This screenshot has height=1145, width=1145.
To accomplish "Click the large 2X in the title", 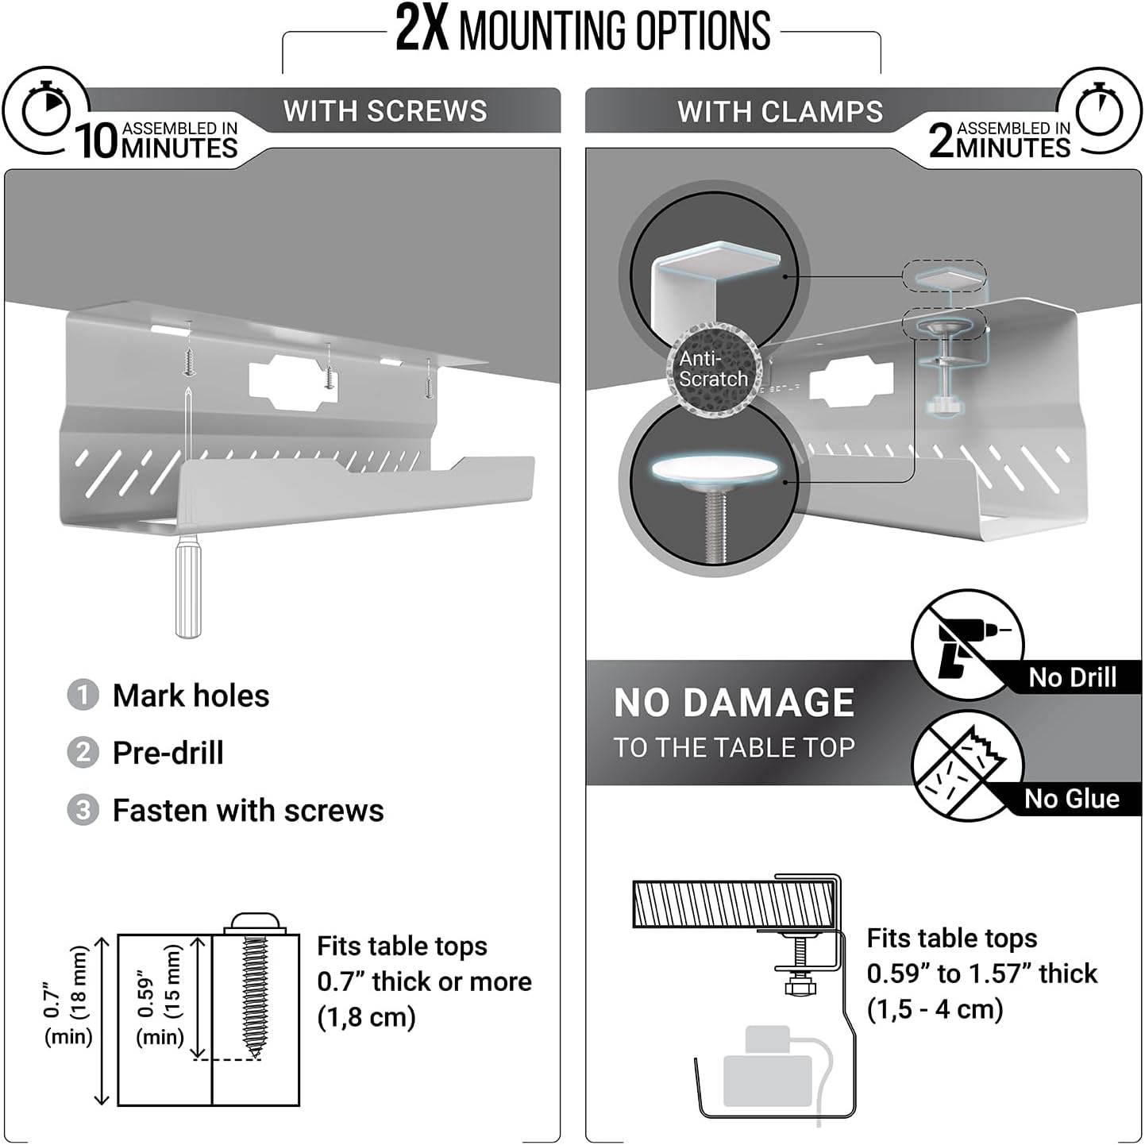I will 422,30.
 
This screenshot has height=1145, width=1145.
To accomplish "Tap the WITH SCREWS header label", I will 385,111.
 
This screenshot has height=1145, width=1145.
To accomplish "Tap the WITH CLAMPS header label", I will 780,112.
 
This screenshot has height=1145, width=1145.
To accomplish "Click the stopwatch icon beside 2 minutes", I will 1099,111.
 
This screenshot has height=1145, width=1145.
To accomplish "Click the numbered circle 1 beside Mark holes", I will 83,696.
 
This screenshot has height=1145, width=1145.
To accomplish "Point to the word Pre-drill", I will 168,753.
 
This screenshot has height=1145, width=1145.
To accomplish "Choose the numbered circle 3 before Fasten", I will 83,811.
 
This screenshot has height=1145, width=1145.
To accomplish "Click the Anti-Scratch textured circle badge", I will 713,369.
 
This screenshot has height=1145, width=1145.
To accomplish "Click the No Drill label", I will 1072,677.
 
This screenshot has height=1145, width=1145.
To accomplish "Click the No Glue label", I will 1072,799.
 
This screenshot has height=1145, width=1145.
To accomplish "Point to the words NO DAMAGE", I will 734,704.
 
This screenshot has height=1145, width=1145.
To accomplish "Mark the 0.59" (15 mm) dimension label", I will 159,993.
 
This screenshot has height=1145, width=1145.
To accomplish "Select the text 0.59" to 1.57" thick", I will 981,973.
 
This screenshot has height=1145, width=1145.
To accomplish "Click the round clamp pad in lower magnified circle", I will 714,472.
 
